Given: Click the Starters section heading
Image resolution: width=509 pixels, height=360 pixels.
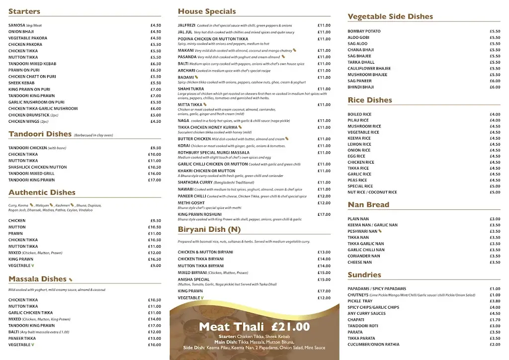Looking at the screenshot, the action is (24, 11).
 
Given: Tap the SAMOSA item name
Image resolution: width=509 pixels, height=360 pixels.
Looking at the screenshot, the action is (17, 25).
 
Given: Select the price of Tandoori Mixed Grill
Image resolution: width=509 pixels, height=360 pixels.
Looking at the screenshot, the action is (155, 174).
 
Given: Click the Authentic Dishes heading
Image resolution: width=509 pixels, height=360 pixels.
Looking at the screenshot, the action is (42, 192).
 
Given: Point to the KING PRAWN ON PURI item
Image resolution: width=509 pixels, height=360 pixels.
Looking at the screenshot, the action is (29, 90).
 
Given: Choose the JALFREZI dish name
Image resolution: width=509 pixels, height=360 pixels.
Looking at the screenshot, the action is (186, 25).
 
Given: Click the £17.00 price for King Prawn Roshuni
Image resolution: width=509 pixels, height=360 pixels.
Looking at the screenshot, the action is (324, 214).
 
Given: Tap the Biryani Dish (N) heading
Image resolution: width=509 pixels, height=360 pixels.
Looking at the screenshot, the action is (209, 229).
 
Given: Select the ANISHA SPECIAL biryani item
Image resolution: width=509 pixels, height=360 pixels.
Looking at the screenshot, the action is (194, 279).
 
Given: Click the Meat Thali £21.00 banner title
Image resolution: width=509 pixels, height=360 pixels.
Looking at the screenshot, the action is (254, 327).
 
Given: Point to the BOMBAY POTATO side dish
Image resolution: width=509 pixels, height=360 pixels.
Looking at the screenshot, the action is (364, 31).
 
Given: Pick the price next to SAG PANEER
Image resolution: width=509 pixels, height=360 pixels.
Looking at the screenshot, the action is (495, 81).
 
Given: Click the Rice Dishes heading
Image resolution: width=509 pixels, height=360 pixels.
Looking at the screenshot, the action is (370, 100).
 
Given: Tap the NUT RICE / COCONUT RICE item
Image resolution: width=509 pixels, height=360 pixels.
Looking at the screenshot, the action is (372, 192).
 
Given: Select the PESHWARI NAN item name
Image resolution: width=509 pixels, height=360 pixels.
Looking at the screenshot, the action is (362, 231).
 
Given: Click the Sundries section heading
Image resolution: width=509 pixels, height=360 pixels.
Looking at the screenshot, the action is (364, 275).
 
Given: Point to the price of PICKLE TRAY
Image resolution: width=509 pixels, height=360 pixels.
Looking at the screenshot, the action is (495, 301).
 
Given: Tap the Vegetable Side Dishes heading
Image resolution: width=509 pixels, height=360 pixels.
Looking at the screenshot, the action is (390, 16).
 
